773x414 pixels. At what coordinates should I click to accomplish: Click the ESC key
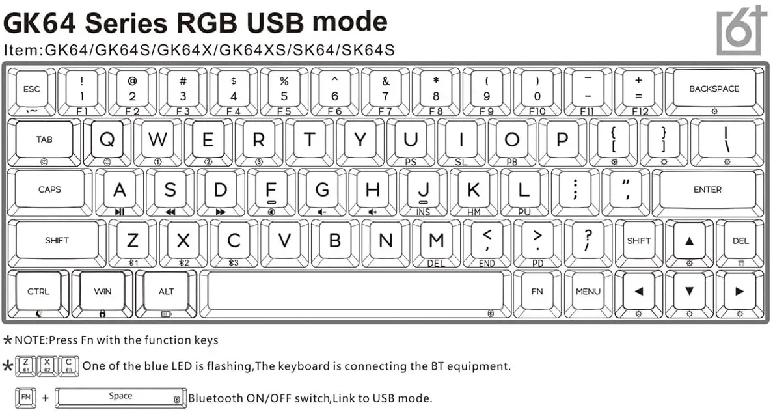pos(31,90)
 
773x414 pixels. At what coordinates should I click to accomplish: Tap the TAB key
pos(44,140)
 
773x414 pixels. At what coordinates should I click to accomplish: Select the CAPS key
pos(49,189)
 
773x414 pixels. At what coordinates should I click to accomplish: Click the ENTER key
pos(707,189)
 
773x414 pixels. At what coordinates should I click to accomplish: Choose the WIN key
pos(102,292)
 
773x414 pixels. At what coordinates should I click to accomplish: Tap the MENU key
pos(588,292)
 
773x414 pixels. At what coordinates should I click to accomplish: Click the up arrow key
pos(689,241)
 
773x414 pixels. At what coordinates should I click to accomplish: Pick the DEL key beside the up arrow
pos(740,241)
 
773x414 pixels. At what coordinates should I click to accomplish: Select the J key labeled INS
pos(424,190)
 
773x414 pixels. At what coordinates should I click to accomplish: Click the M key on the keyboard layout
pos(436,240)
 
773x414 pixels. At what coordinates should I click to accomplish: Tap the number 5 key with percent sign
pos(284,89)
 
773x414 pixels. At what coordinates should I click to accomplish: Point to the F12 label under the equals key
pos(640,111)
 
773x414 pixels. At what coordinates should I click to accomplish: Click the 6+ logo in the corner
pos(740,31)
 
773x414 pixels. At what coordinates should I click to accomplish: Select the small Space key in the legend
pos(120,396)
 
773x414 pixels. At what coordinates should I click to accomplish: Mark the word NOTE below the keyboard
pos(30,340)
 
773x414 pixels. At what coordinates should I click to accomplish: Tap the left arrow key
pos(638,292)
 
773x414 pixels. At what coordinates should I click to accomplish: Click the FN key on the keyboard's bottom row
pos(537,292)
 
